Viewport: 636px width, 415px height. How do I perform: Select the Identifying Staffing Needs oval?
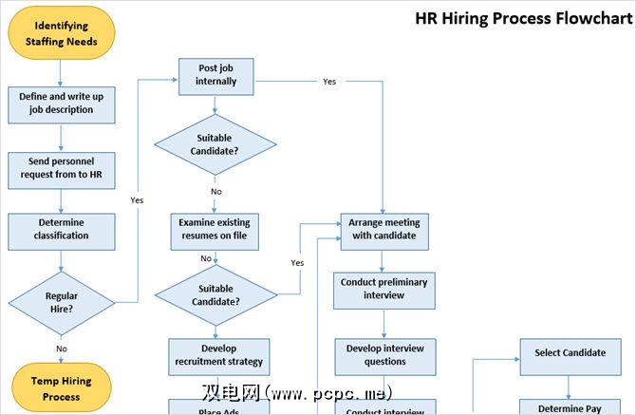[61, 33]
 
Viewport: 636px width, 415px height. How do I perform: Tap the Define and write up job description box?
[61, 104]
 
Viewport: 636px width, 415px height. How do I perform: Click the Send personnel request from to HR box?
[61, 167]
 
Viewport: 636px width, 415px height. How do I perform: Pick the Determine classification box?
[61, 229]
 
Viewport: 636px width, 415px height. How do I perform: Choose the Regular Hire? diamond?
[61, 302]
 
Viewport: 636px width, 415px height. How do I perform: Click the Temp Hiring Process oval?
[61, 388]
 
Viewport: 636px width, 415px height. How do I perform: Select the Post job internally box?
[216, 75]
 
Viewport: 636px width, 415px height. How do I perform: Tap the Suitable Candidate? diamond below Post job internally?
[215, 144]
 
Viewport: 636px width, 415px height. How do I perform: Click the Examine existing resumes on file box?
[215, 229]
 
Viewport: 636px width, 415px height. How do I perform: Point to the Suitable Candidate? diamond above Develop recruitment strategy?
[215, 295]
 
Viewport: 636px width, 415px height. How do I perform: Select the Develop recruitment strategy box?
[218, 355]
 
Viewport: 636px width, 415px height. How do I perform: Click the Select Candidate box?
[570, 353]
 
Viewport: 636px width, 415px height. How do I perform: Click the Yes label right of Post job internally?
[329, 82]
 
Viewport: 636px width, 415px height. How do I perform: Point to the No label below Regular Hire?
[62, 349]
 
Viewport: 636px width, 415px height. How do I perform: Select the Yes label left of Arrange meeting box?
[297, 262]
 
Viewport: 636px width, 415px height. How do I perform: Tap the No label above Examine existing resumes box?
[216, 192]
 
